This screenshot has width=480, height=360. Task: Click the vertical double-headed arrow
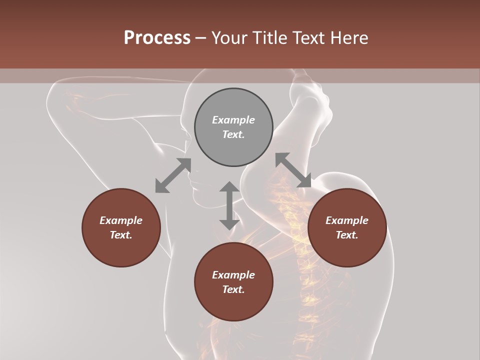(x=229, y=205)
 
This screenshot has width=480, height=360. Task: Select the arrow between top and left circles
(x=173, y=175)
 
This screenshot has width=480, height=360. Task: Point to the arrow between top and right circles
(x=293, y=170)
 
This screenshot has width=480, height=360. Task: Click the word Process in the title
(x=157, y=38)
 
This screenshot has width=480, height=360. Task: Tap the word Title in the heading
(x=269, y=38)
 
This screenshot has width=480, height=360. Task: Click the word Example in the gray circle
(x=233, y=120)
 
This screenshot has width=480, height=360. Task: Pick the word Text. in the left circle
(x=121, y=235)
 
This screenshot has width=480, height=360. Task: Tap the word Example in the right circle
(x=347, y=220)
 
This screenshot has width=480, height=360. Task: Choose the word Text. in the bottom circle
(x=233, y=289)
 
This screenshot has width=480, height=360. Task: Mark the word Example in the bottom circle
(x=233, y=275)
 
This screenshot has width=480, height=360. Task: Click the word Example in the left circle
(x=121, y=220)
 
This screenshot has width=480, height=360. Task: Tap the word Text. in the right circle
(x=347, y=235)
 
